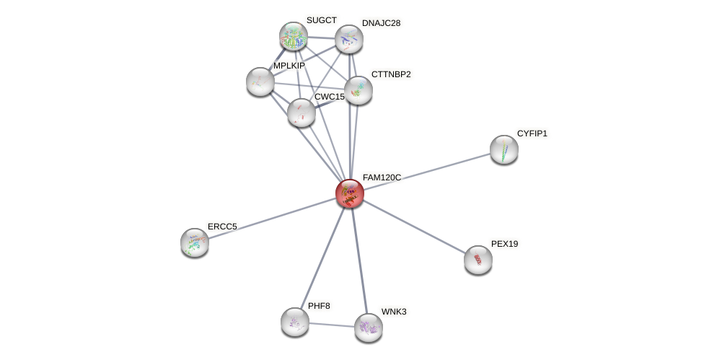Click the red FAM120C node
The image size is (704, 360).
[350, 193]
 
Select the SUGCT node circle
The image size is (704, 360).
[294, 36]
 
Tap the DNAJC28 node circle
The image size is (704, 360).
[349, 39]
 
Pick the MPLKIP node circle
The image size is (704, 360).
[260, 81]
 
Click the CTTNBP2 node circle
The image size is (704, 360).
[358, 90]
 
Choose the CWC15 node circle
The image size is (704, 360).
[302, 113]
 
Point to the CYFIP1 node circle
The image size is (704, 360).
[504, 149]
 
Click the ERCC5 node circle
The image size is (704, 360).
[195, 242]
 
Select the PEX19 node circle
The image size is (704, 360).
[478, 260]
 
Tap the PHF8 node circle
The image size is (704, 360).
[295, 321]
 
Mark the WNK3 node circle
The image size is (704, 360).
[369, 328]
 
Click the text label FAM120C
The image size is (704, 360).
[382, 177]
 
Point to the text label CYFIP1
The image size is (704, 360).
[532, 133]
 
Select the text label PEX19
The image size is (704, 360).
[504, 244]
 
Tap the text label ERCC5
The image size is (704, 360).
[221, 227]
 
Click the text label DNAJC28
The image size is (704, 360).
[381, 23]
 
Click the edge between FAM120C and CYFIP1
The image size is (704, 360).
[427, 172]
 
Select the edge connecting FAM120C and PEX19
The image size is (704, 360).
[414, 227]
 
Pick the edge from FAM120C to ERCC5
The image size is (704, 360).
[273, 217]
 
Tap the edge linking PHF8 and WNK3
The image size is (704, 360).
[332, 325]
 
